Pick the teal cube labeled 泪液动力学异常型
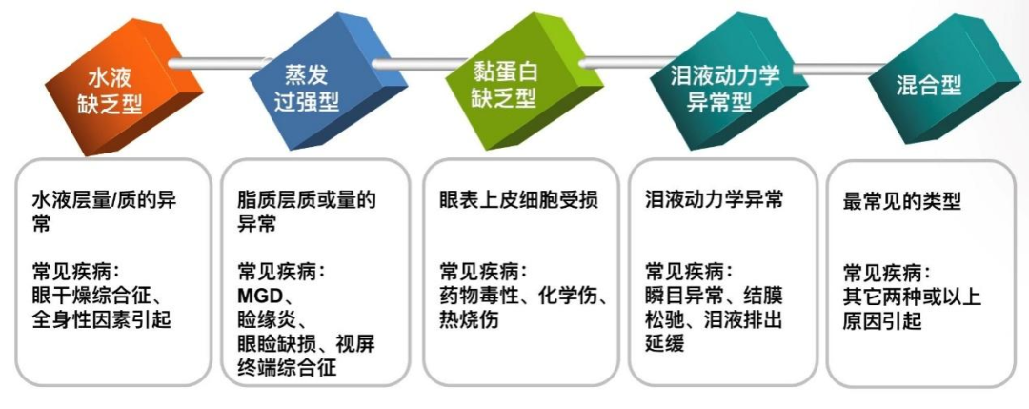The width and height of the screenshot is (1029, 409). (x=719, y=88)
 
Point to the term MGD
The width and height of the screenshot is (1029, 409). (x=260, y=295)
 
